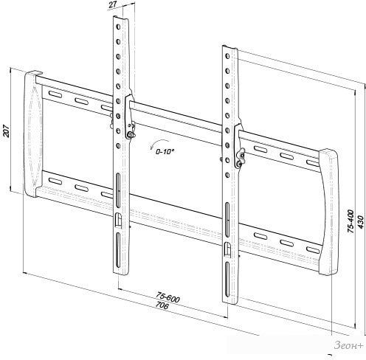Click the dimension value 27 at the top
point(112,5)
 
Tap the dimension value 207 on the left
point(6,131)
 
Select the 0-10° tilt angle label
point(165,151)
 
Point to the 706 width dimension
point(162,305)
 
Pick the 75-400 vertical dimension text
point(351,221)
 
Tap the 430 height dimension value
point(360,222)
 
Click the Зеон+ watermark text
point(348,345)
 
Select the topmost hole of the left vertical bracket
point(118,27)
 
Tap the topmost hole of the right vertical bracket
point(227,56)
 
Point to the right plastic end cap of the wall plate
point(329,212)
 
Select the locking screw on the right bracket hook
point(238,164)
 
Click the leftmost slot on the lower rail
point(55,181)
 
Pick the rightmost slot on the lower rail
point(313,250)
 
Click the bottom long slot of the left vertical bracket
point(118,250)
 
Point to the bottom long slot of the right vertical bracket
point(227,280)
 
